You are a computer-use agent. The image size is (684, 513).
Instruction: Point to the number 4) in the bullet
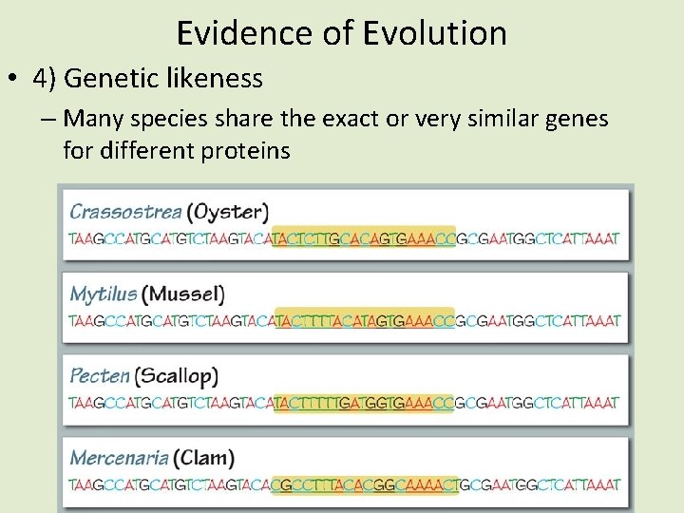46,79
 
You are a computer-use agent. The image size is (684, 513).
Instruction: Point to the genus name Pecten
99,375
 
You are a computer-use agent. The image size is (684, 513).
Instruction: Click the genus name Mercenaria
120,458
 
